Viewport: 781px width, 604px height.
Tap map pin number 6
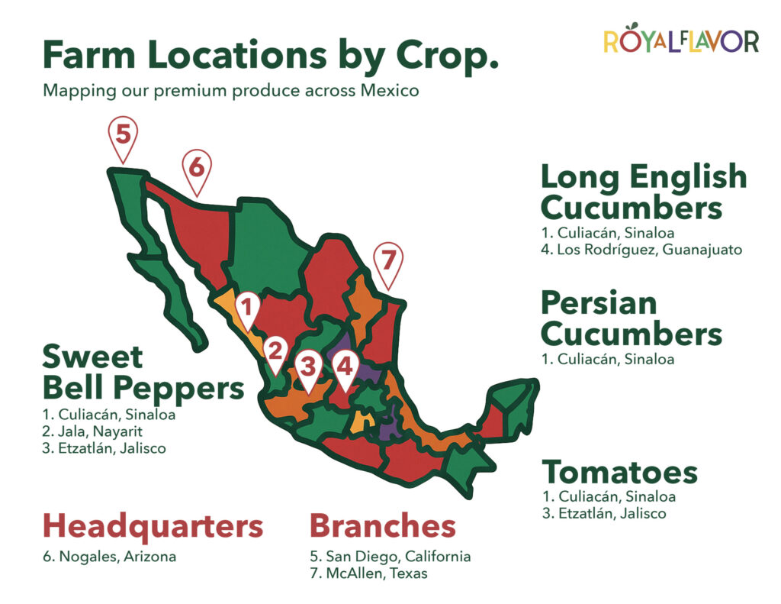click(197, 171)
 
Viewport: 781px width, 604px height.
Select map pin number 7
click(388, 265)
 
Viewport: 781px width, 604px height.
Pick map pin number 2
click(275, 355)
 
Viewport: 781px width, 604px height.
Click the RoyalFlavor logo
click(681, 39)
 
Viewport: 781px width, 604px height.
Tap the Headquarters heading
click(153, 525)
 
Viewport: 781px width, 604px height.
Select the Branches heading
click(383, 525)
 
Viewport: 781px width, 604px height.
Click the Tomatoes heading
click(619, 472)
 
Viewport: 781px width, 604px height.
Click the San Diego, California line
click(390, 556)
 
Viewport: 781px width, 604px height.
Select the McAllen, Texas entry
click(368, 573)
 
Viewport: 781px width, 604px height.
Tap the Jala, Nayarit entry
click(92, 431)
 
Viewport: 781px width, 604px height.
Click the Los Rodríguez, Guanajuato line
click(642, 250)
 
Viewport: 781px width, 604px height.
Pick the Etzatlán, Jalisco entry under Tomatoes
click(604, 513)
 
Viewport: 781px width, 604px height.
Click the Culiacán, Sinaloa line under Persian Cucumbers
click(608, 359)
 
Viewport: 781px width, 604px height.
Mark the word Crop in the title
click(448, 56)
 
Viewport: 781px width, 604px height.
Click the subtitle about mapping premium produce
click(231, 91)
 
